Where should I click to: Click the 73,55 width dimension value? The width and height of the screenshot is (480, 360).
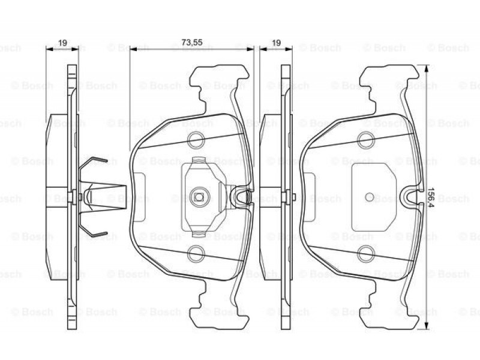192,42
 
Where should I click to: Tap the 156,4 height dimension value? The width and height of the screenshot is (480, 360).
431,197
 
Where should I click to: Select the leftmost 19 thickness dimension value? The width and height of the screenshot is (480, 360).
63,43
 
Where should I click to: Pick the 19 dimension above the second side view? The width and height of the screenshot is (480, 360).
277,43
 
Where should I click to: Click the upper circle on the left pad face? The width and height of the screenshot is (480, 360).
196,140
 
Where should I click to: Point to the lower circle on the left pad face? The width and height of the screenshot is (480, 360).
196,254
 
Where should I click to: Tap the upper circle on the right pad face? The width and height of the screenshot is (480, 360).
366,140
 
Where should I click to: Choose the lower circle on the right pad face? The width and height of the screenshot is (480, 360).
366,254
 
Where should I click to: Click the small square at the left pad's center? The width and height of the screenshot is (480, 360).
199,197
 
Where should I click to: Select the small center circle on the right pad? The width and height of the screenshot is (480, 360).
370,197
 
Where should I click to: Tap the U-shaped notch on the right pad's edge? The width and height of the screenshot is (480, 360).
411,199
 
